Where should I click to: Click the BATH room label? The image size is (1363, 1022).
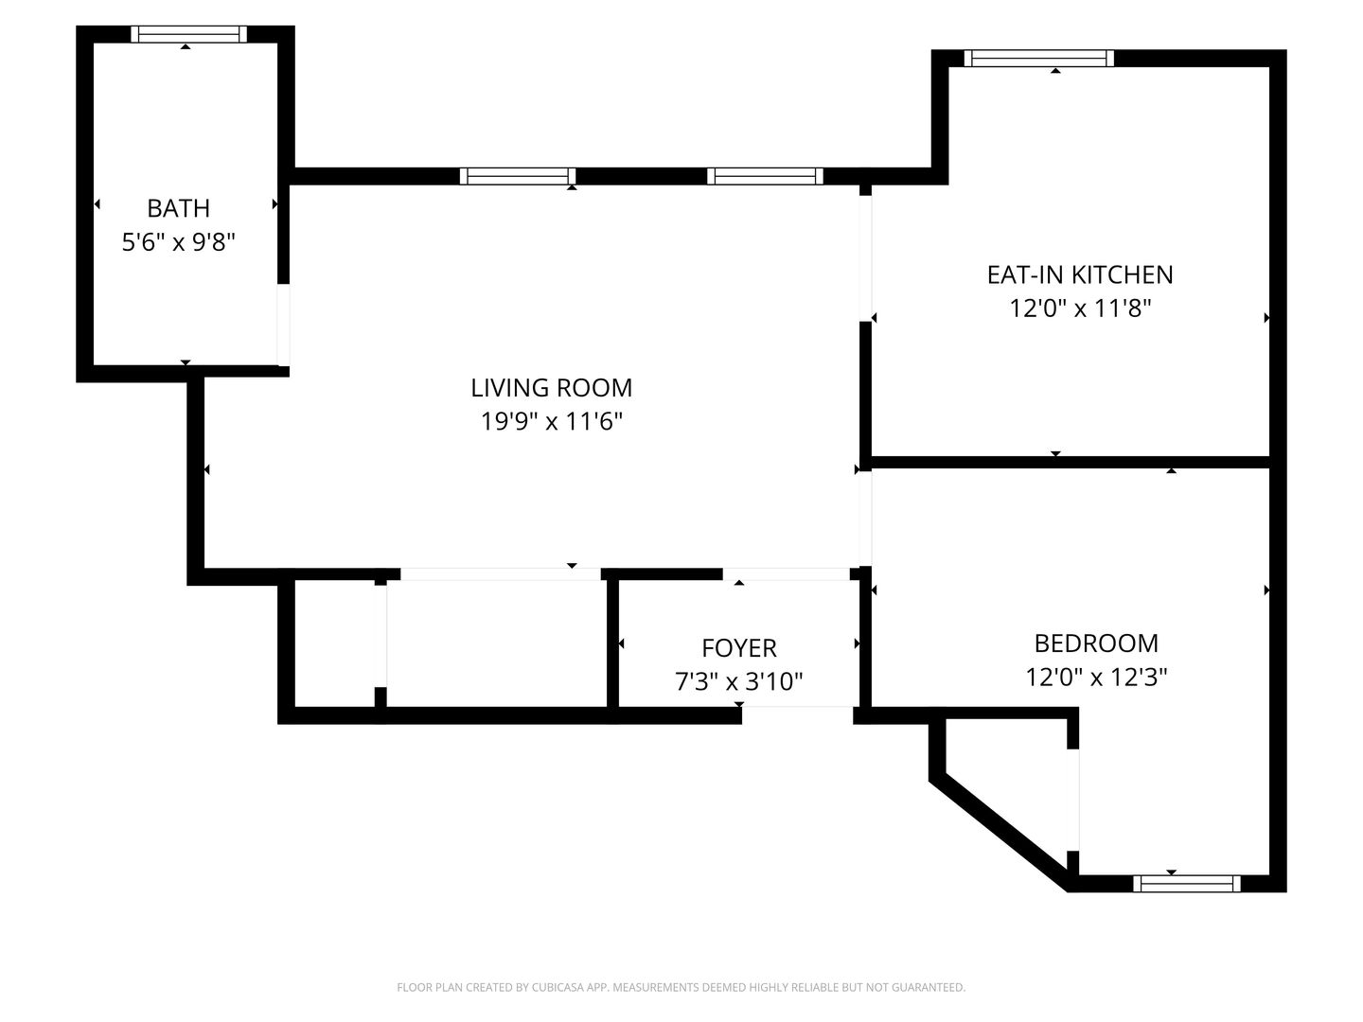tap(178, 208)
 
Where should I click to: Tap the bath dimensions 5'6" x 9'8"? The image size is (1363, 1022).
tap(178, 242)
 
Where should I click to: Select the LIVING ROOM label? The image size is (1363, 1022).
tap(552, 388)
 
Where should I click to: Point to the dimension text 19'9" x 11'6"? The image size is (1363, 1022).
tap(552, 422)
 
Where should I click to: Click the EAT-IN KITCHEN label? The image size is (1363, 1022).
tap(1080, 274)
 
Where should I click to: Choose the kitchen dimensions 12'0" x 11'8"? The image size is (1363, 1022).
tap(1080, 308)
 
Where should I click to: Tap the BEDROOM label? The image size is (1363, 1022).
tap(1096, 643)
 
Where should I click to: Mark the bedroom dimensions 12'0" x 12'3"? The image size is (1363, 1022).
tap(1096, 677)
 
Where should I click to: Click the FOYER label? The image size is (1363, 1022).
tap(739, 648)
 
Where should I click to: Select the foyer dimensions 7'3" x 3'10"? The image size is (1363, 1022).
tap(739, 682)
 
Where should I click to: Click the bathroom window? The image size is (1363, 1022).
tap(188, 34)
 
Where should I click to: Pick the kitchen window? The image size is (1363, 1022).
tap(1039, 59)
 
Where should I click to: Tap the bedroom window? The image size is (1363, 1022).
tap(1187, 884)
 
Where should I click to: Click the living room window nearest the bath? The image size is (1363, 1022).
tap(517, 176)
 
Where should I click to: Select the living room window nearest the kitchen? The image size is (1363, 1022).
tap(765, 176)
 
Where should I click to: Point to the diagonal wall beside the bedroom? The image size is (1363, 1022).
tap(999, 834)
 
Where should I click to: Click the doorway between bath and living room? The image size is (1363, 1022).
tap(283, 326)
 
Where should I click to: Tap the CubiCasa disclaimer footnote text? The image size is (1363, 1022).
tap(681, 987)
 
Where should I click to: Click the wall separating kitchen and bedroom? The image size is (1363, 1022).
tap(1071, 463)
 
